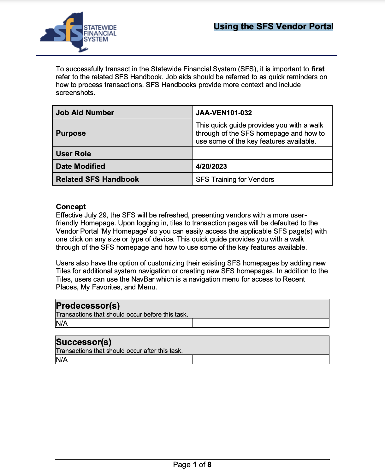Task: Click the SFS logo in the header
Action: coord(78,33)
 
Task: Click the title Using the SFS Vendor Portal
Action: coord(273,27)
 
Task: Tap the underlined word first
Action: coord(318,69)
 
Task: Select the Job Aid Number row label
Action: coord(85,113)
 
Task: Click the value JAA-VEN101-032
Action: coord(224,113)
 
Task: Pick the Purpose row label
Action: coord(71,133)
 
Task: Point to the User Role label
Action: coord(73,154)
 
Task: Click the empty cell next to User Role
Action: coord(262,153)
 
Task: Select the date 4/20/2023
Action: coord(211,167)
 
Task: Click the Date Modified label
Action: coord(80,166)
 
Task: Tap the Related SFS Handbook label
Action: coord(97,179)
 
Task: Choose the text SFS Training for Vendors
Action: coord(235,180)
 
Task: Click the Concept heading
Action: coord(71,207)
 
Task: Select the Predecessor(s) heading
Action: coord(88,306)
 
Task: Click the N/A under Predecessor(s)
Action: coord(62,323)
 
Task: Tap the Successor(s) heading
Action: coord(84,342)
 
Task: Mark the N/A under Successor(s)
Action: coord(62,360)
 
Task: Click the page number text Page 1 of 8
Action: coord(192,465)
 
